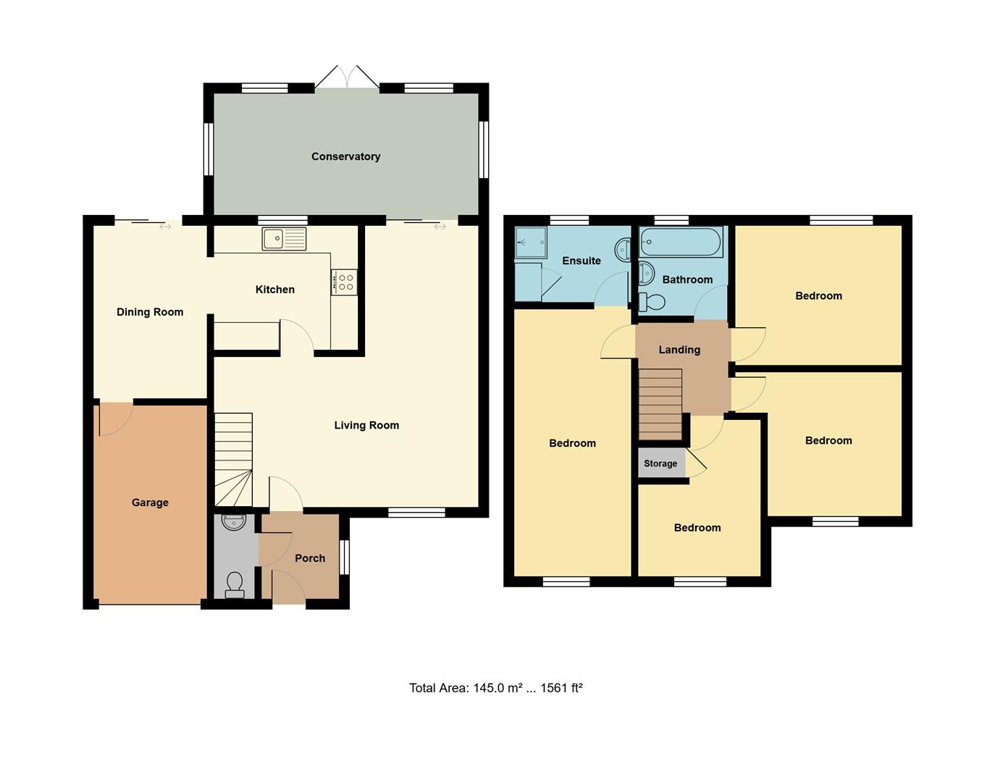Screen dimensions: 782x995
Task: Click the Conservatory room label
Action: point(345,156)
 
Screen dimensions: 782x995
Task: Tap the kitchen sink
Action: point(285,238)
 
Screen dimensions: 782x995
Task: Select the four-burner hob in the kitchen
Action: point(345,282)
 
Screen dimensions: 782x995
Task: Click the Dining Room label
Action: point(150,312)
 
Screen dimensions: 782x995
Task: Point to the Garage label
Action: point(150,503)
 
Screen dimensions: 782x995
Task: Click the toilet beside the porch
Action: point(235,584)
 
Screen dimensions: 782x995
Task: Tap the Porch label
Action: point(310,558)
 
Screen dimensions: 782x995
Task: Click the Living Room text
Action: point(366,425)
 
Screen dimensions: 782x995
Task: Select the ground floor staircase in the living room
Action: point(233,459)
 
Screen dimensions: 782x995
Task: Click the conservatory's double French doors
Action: point(347,77)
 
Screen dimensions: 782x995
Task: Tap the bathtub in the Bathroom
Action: point(681,242)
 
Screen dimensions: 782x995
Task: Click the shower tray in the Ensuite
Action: point(531,243)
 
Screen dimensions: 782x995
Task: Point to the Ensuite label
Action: point(582,261)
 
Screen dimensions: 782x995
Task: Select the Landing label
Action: point(679,350)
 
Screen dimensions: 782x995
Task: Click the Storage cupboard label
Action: point(660,463)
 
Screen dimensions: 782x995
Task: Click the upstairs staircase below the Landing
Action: point(660,404)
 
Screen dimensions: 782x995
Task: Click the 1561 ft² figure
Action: point(561,688)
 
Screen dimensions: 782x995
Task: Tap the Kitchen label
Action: point(275,290)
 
